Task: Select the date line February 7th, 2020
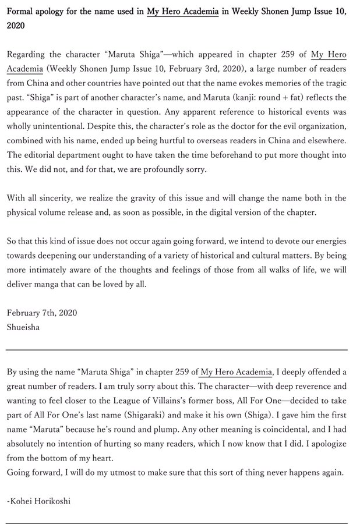pos(42,313)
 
